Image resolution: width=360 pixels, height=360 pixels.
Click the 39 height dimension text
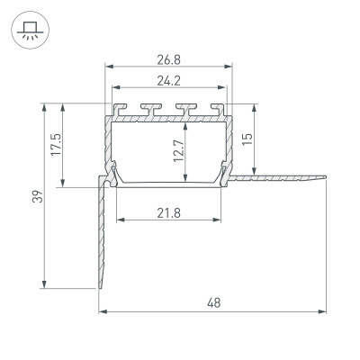tap(35, 197)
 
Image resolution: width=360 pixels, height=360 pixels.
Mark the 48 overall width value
tap(213, 303)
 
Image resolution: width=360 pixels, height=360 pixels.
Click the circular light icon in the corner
tap(27, 27)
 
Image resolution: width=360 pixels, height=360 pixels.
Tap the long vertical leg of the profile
tap(103, 234)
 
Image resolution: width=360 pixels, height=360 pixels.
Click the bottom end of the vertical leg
tap(102, 287)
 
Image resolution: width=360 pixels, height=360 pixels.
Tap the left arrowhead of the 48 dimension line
tap(102, 312)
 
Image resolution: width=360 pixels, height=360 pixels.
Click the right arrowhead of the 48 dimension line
tap(324, 312)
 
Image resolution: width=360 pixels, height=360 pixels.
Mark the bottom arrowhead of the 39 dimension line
tap(44, 287)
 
